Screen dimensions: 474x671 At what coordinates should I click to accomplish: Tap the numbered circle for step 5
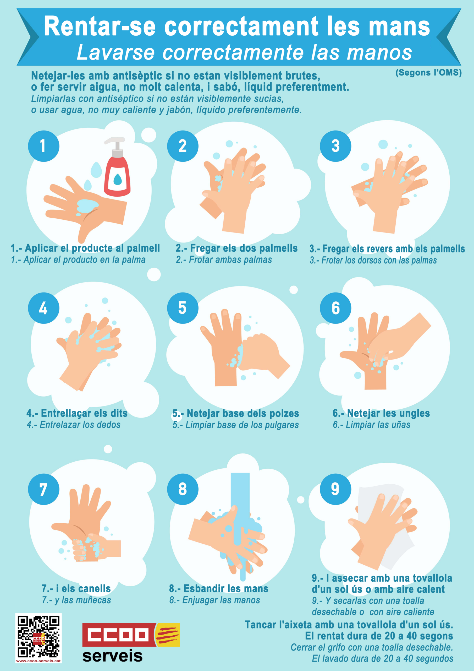pyautogui.click(x=183, y=308)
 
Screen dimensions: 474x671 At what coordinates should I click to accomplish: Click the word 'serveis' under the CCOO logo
pyautogui.click(x=112, y=656)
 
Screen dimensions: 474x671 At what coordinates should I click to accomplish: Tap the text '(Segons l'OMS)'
pyautogui.click(x=428, y=73)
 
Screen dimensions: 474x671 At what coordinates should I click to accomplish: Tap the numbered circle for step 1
pyautogui.click(x=43, y=146)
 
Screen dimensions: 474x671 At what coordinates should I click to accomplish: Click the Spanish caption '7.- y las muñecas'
pyautogui.click(x=76, y=600)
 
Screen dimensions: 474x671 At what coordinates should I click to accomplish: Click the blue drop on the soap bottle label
pyautogui.click(x=117, y=180)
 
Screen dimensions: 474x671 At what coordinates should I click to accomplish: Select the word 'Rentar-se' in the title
pyautogui.click(x=100, y=26)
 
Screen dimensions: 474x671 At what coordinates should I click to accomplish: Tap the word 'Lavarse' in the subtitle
pyautogui.click(x=116, y=52)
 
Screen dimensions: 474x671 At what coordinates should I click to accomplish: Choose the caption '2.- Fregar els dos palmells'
pyautogui.click(x=236, y=248)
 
